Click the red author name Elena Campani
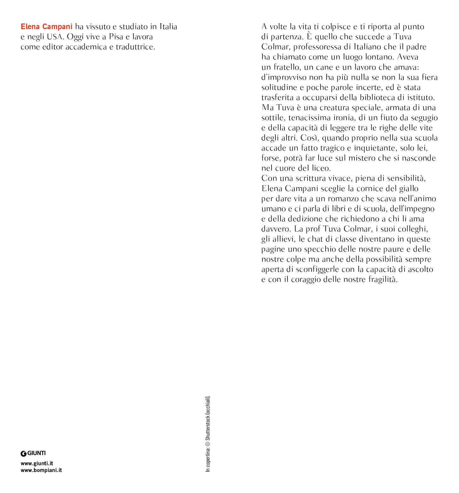pos(46,27)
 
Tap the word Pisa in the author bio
pos(116,37)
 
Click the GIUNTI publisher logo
pos(33,453)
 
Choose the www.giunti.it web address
pos(37,463)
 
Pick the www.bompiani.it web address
pos(41,470)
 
